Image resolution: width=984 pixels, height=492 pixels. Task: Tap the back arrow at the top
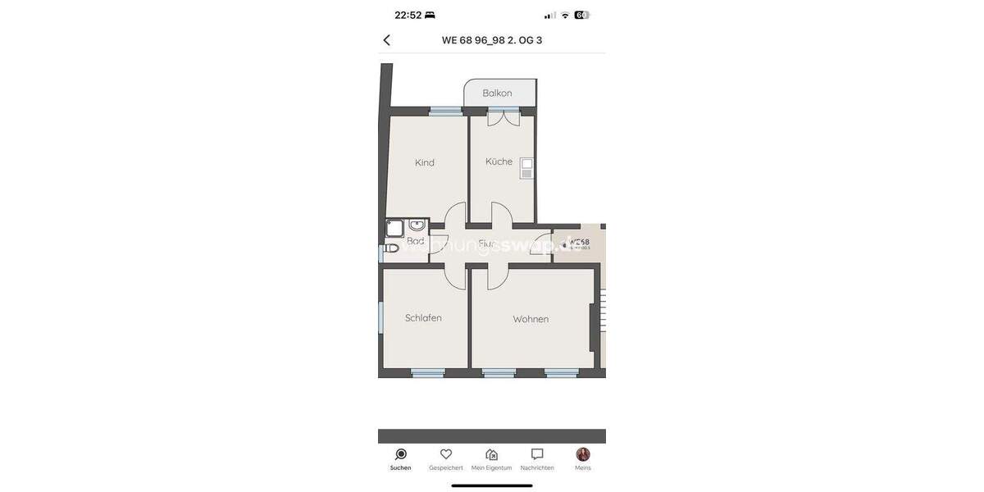[x=387, y=40]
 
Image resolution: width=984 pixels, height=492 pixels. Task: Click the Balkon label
[x=497, y=93]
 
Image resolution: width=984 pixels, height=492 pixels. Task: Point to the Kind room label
[x=425, y=162]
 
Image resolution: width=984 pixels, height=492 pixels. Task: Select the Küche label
[x=499, y=162]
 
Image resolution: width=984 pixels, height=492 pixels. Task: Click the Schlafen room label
[x=423, y=318]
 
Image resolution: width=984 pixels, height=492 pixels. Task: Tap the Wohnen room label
[x=531, y=319]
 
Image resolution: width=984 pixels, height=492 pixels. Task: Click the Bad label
[x=416, y=241]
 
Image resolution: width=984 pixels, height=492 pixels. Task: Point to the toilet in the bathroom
[x=391, y=248]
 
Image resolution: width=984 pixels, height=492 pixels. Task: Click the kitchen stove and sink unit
[x=526, y=168]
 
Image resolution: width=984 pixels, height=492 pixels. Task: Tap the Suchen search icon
[x=401, y=454]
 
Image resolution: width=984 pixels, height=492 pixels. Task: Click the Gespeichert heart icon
[x=446, y=454]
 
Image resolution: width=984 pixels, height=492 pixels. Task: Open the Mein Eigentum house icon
[x=491, y=454]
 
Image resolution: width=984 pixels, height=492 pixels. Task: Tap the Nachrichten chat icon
[x=537, y=454]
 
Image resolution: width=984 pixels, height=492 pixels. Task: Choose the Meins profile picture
[x=583, y=454]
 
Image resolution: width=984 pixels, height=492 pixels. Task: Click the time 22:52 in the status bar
[x=408, y=15]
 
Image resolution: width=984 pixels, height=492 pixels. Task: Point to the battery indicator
[x=581, y=15]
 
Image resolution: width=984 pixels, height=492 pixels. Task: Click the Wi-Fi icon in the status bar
[x=565, y=15]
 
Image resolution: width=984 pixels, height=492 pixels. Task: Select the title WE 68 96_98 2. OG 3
[x=492, y=40]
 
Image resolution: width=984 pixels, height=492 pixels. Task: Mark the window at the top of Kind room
[x=446, y=112]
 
